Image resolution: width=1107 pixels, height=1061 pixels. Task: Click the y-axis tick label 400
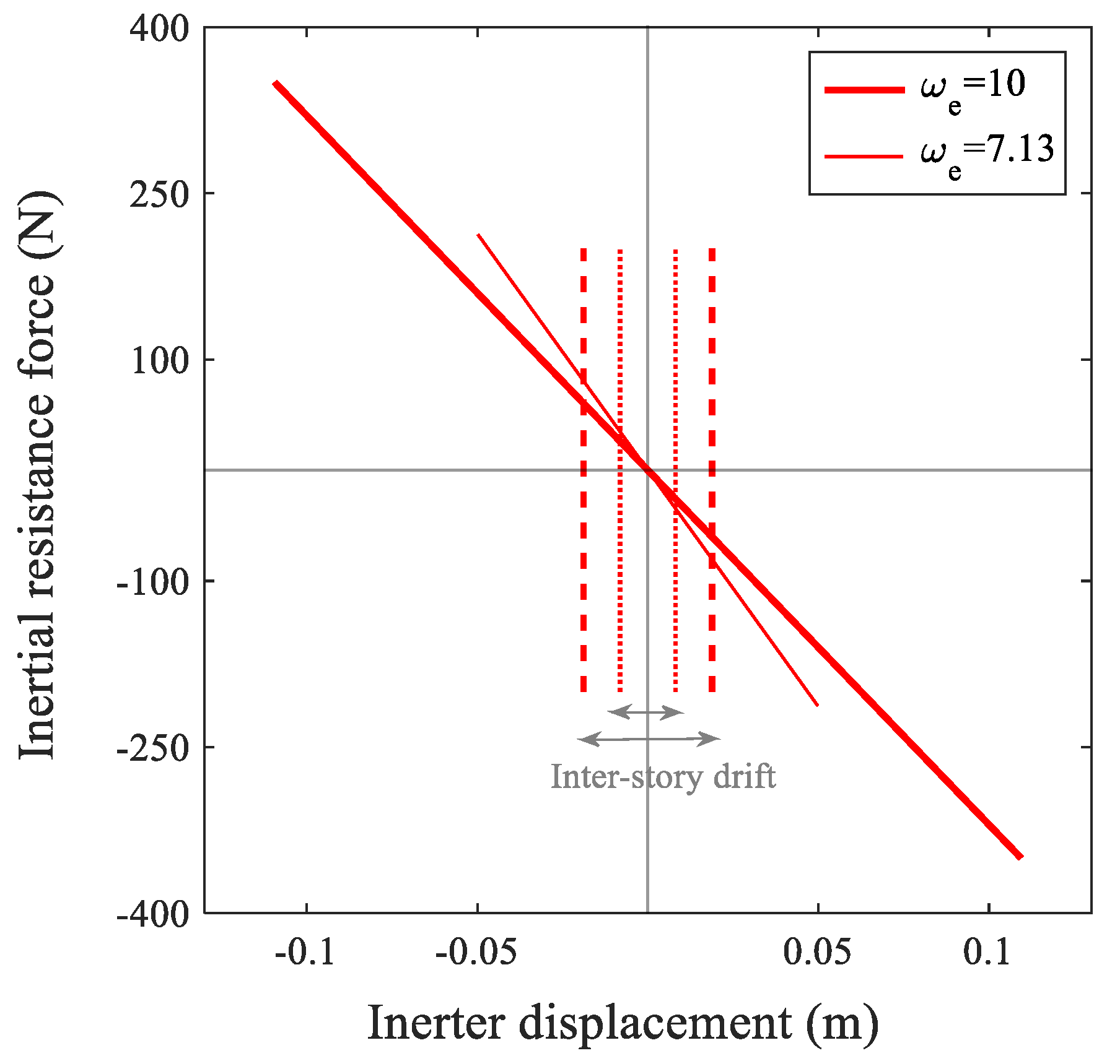pyautogui.click(x=159, y=29)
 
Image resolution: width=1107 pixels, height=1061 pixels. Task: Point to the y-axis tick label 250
pyautogui.click(x=159, y=196)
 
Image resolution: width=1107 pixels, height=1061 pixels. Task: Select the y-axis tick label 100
pyautogui.click(x=159, y=362)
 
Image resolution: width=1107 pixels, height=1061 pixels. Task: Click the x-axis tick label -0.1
pyautogui.click(x=305, y=952)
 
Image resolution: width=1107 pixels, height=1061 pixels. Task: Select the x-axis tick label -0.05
pyautogui.click(x=476, y=952)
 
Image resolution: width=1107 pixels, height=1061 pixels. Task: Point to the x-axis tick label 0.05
pyautogui.click(x=817, y=952)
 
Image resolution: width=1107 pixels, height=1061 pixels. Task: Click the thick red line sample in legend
pyautogui.click(x=864, y=90)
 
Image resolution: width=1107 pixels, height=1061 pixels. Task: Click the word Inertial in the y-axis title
pyautogui.click(x=37, y=684)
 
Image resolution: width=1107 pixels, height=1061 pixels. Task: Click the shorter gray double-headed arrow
pyautogui.click(x=645, y=712)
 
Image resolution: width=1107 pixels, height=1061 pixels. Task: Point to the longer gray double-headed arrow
pyautogui.click(x=648, y=738)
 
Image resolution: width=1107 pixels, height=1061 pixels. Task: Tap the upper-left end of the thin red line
pyautogui.click(x=478, y=235)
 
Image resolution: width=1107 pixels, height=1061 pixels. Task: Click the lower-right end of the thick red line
pyautogui.click(x=1020, y=857)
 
